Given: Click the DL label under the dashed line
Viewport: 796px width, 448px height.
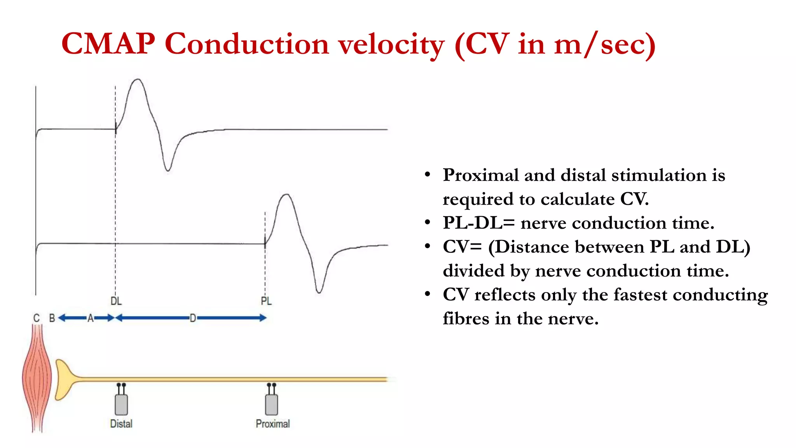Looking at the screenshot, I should click(x=116, y=301).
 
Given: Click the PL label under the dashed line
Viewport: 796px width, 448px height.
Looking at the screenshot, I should click(x=266, y=301).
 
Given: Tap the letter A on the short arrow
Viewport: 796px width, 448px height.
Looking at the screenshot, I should click(x=90, y=318).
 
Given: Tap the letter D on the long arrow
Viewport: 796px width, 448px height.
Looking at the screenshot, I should click(x=193, y=318).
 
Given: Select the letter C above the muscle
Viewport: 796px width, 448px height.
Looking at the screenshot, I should click(x=37, y=318).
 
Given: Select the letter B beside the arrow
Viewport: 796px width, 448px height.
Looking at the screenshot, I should click(x=52, y=318).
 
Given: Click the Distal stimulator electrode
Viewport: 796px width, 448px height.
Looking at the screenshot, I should click(x=121, y=402).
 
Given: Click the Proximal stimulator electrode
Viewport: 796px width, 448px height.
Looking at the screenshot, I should click(x=271, y=402).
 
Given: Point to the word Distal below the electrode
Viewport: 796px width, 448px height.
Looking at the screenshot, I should click(x=121, y=423).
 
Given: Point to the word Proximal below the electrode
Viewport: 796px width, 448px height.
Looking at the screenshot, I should click(x=272, y=423).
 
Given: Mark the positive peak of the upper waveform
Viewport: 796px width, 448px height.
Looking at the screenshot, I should click(x=138, y=80).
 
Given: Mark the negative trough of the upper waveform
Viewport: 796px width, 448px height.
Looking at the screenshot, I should click(x=168, y=170).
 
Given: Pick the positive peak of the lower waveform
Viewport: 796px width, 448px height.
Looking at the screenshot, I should click(x=286, y=195).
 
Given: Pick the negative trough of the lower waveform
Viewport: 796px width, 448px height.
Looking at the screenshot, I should click(x=319, y=291).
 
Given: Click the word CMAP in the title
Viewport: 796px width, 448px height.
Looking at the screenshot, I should click(x=108, y=44).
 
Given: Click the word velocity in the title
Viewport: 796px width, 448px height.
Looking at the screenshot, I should click(x=391, y=44).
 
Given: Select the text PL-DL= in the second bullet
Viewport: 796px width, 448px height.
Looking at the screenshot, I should click(x=478, y=223).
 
